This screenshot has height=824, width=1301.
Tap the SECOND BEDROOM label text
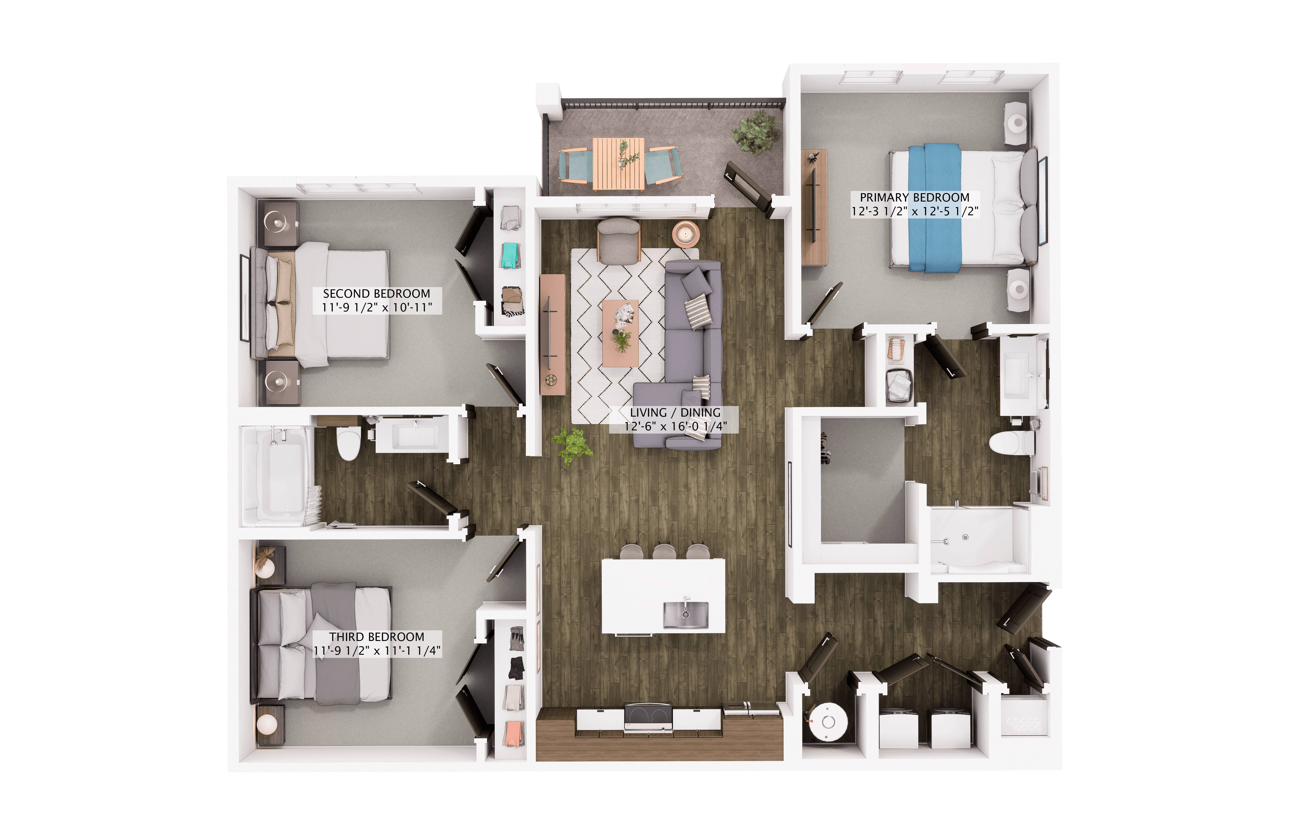click(377, 294)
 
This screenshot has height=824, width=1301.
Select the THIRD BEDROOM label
click(377, 637)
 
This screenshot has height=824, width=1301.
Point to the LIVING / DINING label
click(675, 413)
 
